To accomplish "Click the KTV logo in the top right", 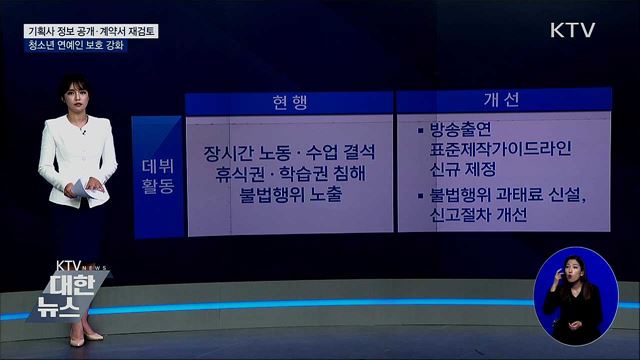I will pos(572,30).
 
